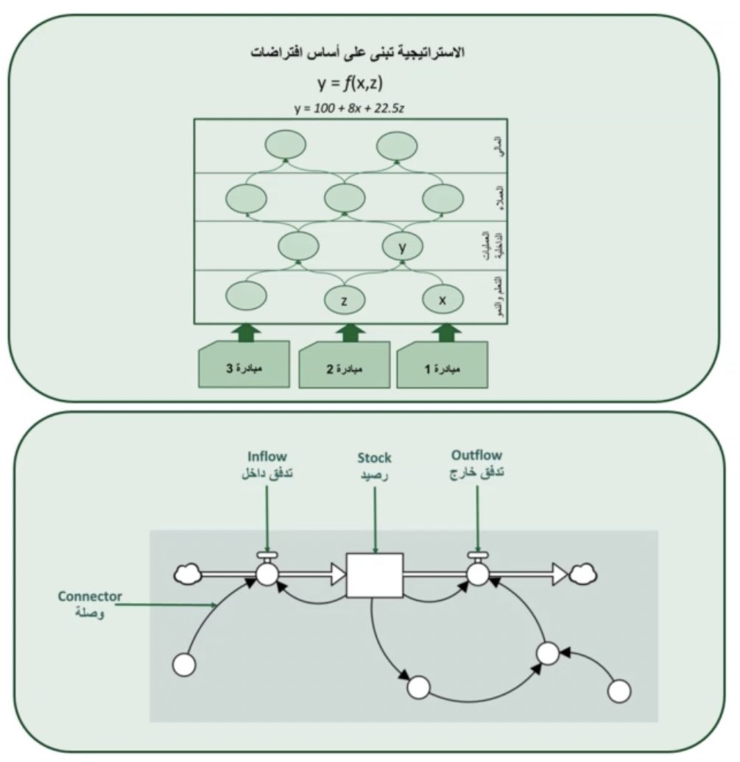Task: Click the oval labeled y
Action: [402, 248]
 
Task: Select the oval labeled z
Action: [344, 299]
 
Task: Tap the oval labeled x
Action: [442, 299]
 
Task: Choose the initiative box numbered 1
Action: [442, 366]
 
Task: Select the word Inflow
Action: [267, 456]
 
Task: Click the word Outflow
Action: [477, 455]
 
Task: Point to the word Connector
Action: [90, 596]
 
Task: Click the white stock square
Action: [375, 574]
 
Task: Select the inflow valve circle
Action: [266, 574]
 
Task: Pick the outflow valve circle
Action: [478, 574]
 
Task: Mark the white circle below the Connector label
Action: [183, 665]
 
